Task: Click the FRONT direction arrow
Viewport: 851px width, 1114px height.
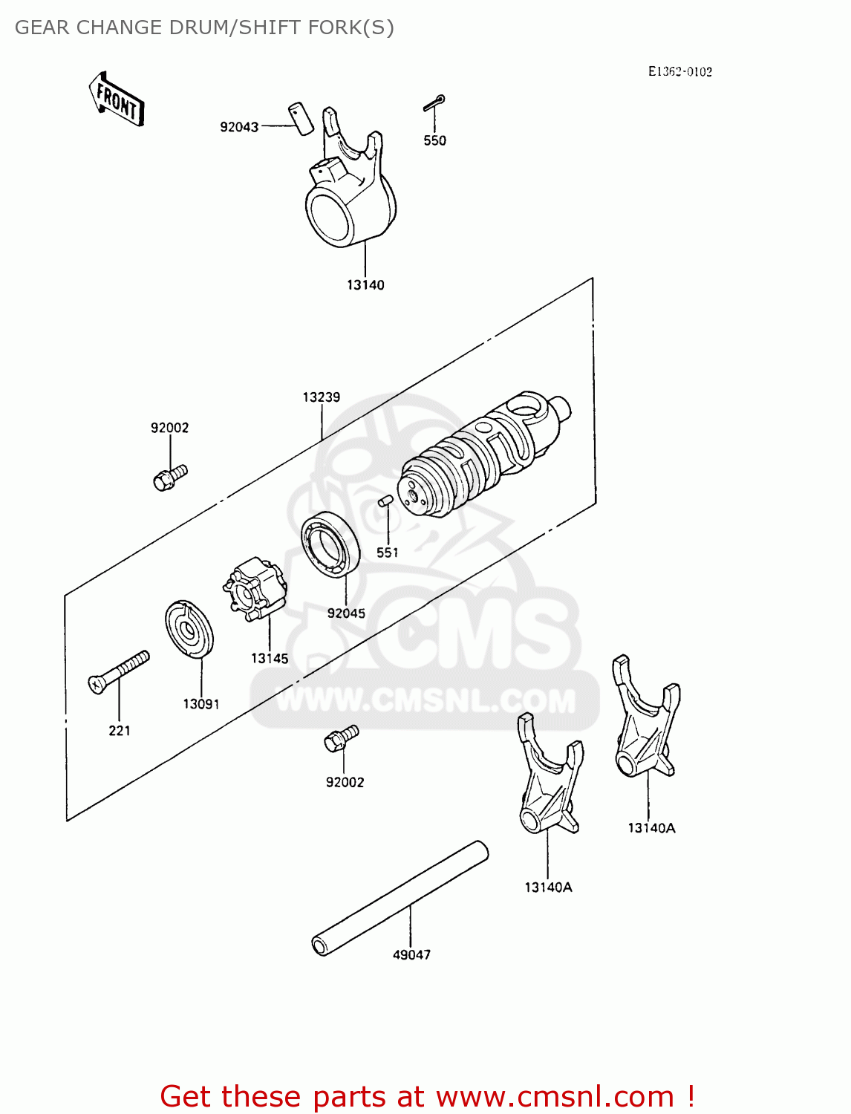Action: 117,100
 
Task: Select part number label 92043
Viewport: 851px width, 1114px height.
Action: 239,127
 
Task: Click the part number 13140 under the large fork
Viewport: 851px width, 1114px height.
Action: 365,285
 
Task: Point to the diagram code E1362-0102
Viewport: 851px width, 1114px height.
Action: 679,71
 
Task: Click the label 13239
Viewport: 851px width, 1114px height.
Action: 321,397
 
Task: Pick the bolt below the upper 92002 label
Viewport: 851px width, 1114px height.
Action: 170,476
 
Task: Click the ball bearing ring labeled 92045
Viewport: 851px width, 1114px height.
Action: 330,544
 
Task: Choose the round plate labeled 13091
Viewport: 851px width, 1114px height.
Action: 189,629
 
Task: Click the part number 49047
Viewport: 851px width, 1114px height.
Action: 411,955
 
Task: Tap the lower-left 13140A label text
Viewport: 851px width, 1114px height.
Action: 548,887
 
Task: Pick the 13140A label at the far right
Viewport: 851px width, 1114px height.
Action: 651,828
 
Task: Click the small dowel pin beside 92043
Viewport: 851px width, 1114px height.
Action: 300,118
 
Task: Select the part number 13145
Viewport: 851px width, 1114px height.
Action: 270,658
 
